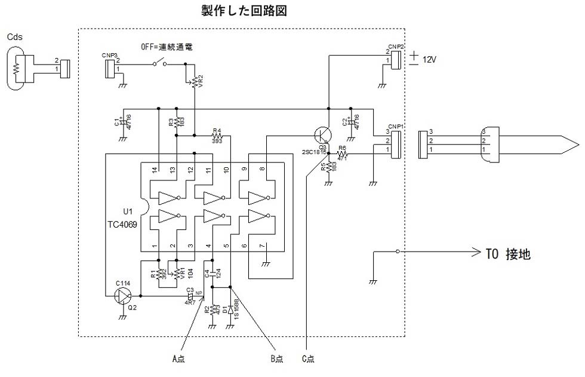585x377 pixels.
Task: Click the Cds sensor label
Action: click(x=15, y=36)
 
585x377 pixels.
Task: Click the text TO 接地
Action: click(x=506, y=254)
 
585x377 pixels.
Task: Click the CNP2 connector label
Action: click(x=395, y=46)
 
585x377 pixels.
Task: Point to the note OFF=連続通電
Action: click(x=167, y=46)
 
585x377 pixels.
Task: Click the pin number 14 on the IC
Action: click(x=155, y=170)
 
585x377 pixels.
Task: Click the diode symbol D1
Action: click(x=230, y=310)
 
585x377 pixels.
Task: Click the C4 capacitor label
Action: click(x=207, y=275)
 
